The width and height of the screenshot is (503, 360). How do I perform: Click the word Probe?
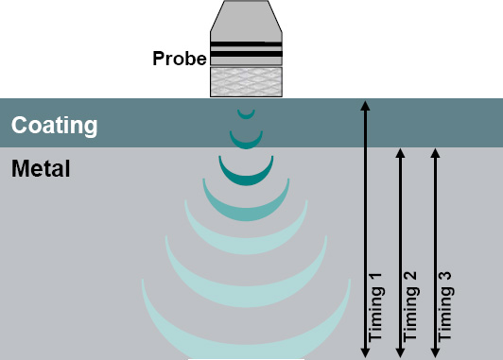click(x=180, y=58)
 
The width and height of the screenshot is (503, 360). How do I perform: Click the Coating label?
click(x=54, y=125)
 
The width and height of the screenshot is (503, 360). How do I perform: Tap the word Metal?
click(x=41, y=168)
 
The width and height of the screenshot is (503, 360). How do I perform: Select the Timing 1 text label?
click(x=375, y=307)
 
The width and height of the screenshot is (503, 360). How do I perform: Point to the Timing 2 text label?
click(x=410, y=306)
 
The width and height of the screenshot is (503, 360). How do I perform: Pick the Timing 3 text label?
click(x=445, y=306)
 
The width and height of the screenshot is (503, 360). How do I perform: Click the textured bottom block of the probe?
click(x=246, y=82)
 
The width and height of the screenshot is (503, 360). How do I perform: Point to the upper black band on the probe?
click(x=246, y=43)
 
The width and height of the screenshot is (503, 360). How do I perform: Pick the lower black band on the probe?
click(x=246, y=54)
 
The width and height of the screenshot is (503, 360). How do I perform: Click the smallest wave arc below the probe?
click(x=246, y=117)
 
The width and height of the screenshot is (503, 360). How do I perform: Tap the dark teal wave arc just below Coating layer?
click(x=246, y=180)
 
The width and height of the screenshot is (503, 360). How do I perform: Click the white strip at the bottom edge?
click(x=246, y=359)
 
